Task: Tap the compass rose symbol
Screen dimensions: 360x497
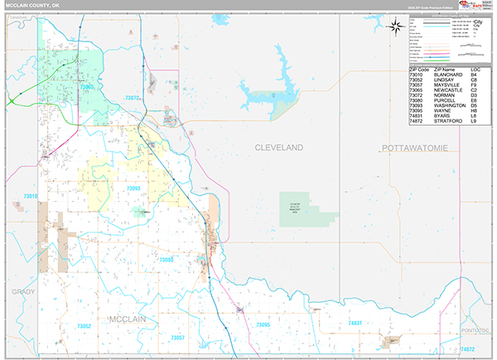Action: pyautogui.click(x=397, y=26)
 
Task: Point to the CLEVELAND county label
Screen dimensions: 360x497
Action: pyautogui.click(x=278, y=147)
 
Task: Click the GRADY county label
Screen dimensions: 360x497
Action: pyautogui.click(x=22, y=292)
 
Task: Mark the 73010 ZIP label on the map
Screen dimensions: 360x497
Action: pyautogui.click(x=31, y=196)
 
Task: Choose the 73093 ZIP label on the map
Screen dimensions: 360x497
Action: pyautogui.click(x=133, y=189)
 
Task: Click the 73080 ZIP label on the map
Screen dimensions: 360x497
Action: pyautogui.click(x=166, y=260)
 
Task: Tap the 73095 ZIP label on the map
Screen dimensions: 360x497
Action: pyautogui.click(x=261, y=325)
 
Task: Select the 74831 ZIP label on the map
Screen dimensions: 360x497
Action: pyautogui.click(x=355, y=322)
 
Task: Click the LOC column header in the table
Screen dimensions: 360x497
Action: pyautogui.click(x=475, y=70)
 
